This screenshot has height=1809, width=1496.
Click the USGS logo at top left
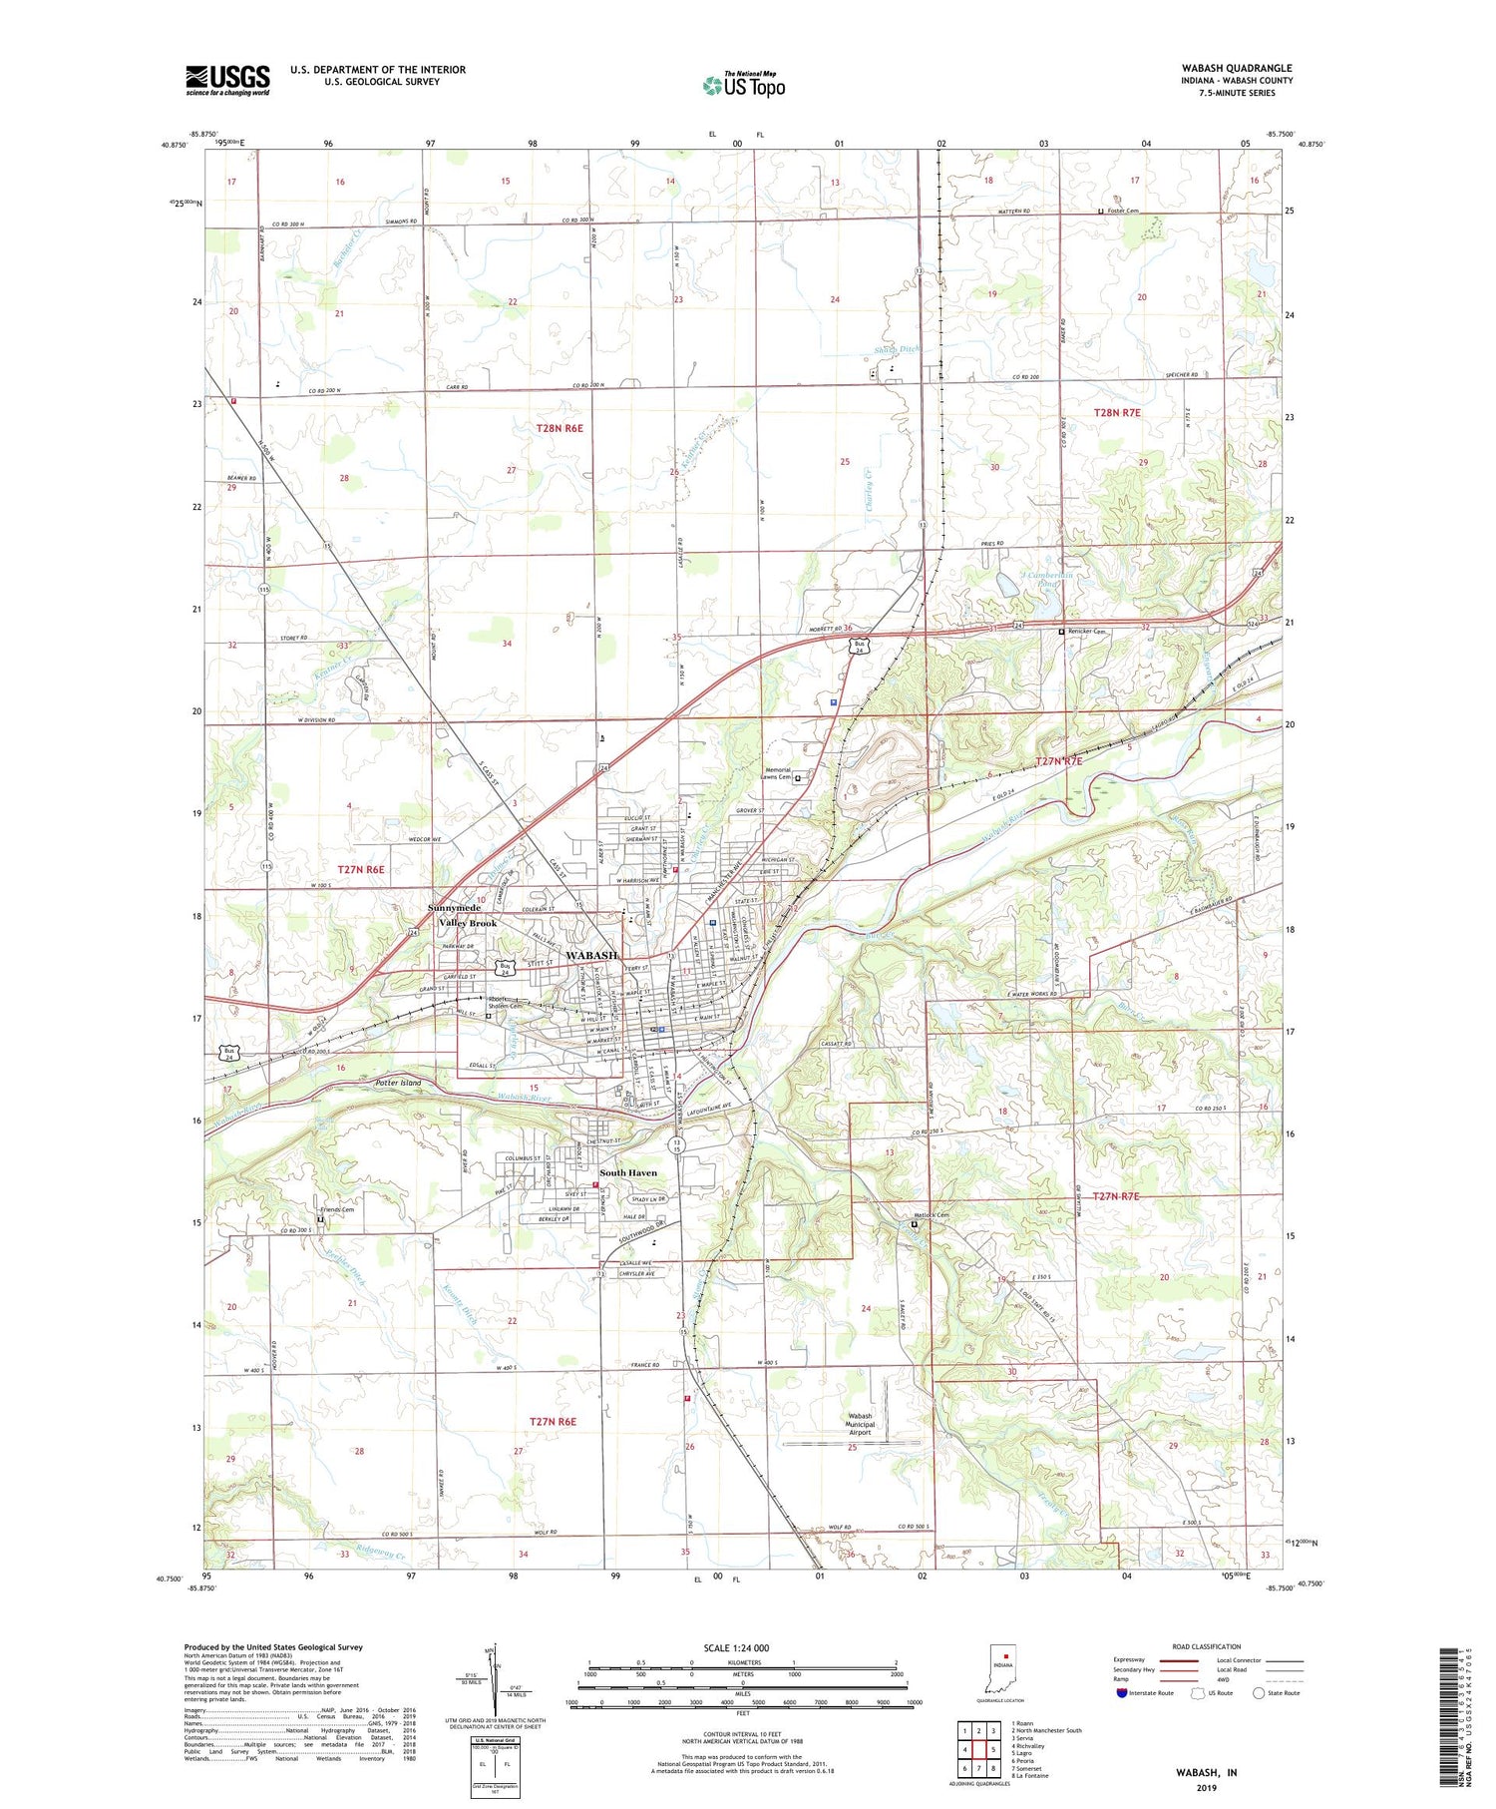tap(227, 80)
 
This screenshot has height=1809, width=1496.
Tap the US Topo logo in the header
tap(744, 85)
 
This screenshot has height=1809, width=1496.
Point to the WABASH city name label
tap(591, 955)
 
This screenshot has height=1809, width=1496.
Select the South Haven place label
tap(628, 1172)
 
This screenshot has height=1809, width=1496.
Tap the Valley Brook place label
tap(468, 923)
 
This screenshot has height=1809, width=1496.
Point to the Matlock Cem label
tap(932, 1215)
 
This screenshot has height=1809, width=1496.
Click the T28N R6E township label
tap(560, 427)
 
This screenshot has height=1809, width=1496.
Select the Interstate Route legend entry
tap(1148, 1693)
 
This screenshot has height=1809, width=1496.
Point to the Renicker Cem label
tap(1087, 632)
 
